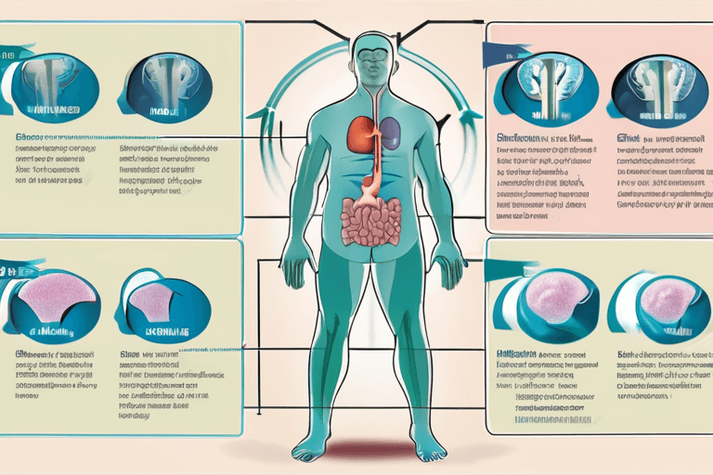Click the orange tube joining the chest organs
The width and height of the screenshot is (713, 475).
[x=374, y=153]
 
